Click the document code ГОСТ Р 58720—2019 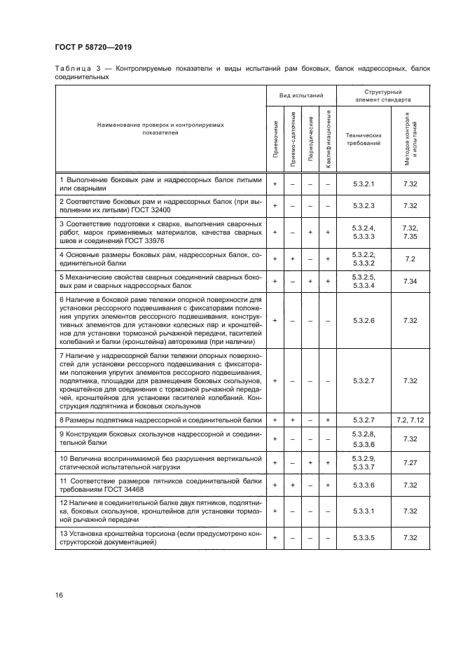coord(94,47)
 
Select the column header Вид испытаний coord(301,95)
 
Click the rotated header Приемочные coord(275,139)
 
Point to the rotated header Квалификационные coord(328,138)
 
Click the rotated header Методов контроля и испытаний coord(410,138)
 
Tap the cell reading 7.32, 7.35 coord(410,232)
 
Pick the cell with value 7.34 coord(410,281)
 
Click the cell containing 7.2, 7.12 coord(410,419)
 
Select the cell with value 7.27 coord(410,462)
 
